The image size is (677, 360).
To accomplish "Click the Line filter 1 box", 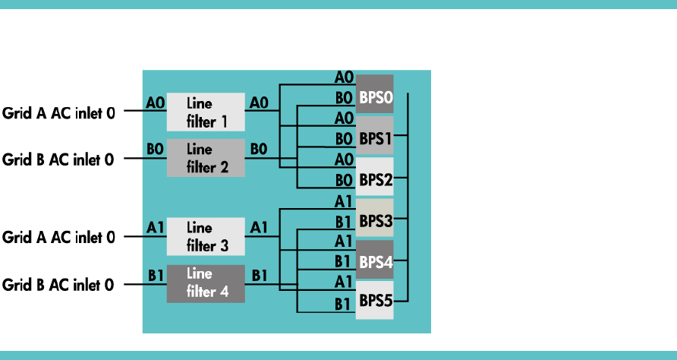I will click(x=205, y=112).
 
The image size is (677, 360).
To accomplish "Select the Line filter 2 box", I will click(x=205, y=158).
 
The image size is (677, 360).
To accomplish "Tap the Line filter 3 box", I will click(x=205, y=236).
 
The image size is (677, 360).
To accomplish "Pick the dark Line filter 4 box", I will click(x=205, y=283).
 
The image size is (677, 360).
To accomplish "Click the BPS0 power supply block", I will click(x=374, y=95).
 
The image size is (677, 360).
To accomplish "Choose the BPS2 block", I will click(x=374, y=178).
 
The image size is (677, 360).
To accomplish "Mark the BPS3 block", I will click(x=374, y=219).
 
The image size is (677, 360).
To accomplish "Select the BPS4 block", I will click(x=374, y=261).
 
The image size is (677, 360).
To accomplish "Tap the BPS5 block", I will click(x=374, y=301).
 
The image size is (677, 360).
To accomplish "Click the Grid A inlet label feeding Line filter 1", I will click(x=58, y=113).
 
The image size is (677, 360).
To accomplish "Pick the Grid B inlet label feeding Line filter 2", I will click(x=58, y=160).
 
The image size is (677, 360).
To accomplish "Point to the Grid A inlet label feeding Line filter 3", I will click(x=58, y=238).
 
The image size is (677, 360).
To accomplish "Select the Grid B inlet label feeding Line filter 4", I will click(x=58, y=285).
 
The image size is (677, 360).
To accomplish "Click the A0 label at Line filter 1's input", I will click(x=155, y=102).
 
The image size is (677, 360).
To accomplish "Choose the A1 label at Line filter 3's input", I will click(x=155, y=226).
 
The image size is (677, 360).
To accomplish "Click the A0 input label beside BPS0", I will click(x=343, y=77).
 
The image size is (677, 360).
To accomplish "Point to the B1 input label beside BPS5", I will click(x=343, y=304).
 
